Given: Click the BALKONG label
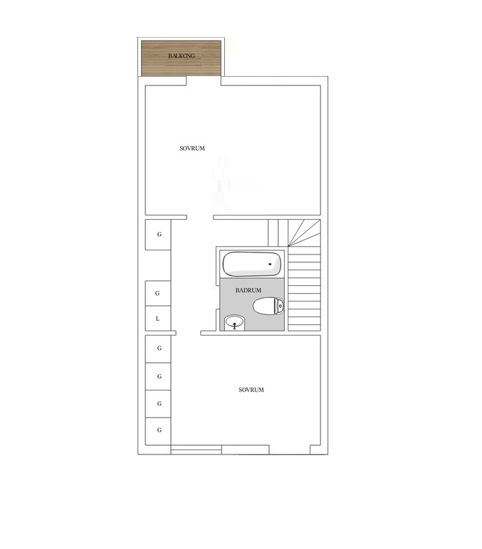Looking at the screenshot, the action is pyautogui.click(x=182, y=56).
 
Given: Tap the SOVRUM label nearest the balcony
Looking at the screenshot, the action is pyautogui.click(x=192, y=149).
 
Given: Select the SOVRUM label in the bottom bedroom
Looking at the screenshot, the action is pyautogui.click(x=251, y=390).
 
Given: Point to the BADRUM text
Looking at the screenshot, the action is pyautogui.click(x=248, y=290).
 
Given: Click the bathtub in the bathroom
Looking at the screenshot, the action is pyautogui.click(x=252, y=264).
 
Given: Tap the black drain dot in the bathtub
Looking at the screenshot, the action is pyautogui.click(x=270, y=264).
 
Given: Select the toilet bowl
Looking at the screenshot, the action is pyautogui.click(x=265, y=307).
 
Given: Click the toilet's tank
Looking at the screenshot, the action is pyautogui.click(x=280, y=307).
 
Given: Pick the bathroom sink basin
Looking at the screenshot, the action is pyautogui.click(x=234, y=322).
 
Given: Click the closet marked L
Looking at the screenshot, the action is pyautogui.click(x=158, y=319).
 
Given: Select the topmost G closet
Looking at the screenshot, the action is pyautogui.click(x=158, y=235).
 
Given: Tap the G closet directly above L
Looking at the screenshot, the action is pyautogui.click(x=158, y=294).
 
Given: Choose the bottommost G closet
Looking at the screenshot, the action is pyautogui.click(x=158, y=431).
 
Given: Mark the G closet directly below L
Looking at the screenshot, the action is pyautogui.click(x=158, y=348).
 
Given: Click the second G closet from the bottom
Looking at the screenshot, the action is pyautogui.click(x=158, y=404).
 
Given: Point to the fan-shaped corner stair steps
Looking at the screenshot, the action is pyautogui.click(x=304, y=233).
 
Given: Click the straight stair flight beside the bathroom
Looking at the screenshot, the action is pyautogui.click(x=304, y=289).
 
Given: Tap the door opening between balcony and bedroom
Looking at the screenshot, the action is pyautogui.click(x=204, y=81).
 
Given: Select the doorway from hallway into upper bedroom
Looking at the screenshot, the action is pyautogui.click(x=200, y=218).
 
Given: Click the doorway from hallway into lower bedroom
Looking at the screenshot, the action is pyautogui.click(x=188, y=333).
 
